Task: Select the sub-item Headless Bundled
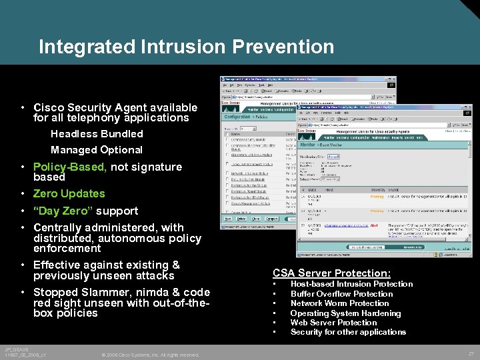click(97, 134)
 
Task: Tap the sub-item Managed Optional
click(97, 150)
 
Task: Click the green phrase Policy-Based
click(70, 167)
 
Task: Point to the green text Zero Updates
click(69, 194)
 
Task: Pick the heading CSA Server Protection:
click(331, 273)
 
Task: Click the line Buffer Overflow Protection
click(341, 294)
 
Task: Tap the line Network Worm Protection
click(339, 303)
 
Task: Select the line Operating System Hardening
click(345, 313)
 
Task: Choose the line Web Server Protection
click(333, 323)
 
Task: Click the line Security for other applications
click(348, 332)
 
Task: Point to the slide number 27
click(471, 353)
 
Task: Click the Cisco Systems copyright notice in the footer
click(151, 355)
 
